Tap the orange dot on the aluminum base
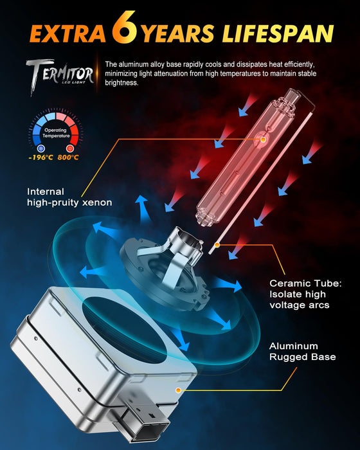coord(186,390)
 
